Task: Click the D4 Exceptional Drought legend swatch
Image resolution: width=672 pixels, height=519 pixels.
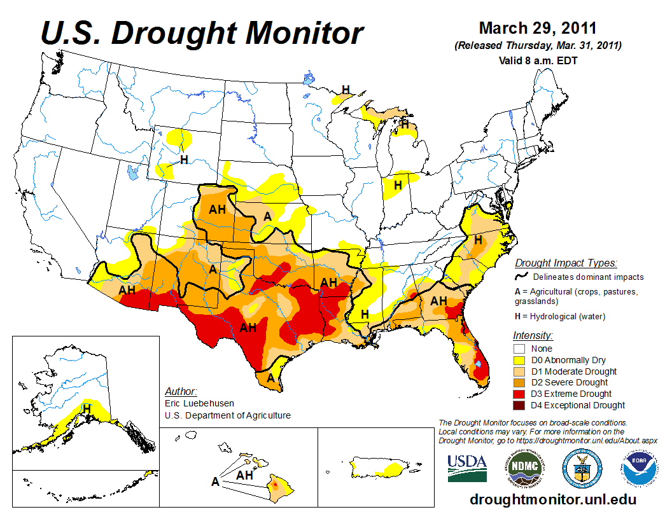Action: (x=519, y=405)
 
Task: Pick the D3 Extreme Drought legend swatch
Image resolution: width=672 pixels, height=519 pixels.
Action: (x=519, y=394)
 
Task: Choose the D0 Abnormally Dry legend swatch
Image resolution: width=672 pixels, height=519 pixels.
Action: (x=519, y=360)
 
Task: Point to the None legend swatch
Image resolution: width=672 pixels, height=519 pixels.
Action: (x=519, y=349)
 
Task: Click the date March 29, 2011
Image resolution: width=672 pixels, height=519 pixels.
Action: (x=537, y=29)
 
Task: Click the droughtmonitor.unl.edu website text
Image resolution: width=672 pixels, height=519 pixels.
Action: (x=552, y=499)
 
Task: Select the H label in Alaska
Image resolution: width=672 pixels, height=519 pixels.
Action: (x=86, y=408)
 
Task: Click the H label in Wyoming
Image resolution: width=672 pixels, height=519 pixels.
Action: (x=184, y=160)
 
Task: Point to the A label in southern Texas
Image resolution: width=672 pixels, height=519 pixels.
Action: (x=271, y=378)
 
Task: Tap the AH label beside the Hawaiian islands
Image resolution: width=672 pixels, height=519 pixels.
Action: (x=246, y=475)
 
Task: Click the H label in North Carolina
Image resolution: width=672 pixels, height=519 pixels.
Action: (x=478, y=240)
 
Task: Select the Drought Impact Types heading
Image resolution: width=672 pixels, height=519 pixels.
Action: (x=566, y=263)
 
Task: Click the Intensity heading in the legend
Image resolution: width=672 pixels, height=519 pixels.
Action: (x=533, y=335)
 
